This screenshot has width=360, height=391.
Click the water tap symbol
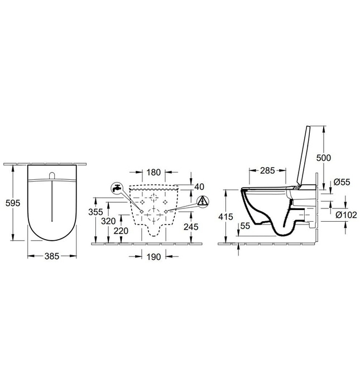[116, 188]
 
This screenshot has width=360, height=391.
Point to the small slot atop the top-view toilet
[52, 177]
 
